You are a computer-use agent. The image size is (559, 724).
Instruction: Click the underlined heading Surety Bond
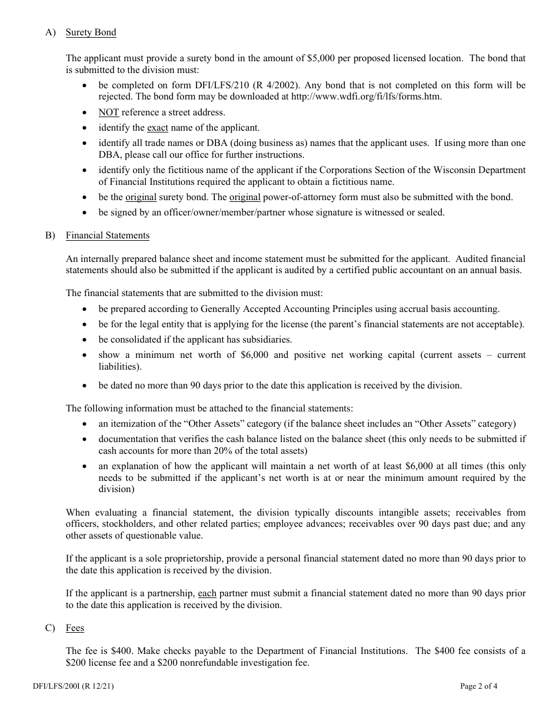[91, 32]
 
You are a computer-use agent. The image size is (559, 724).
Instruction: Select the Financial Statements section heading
[107, 235]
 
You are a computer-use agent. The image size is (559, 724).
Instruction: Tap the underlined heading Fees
[75, 628]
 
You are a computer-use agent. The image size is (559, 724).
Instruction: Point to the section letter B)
[50, 235]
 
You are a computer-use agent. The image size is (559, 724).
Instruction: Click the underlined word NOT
[109, 112]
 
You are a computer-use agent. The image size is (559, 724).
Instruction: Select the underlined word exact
[157, 127]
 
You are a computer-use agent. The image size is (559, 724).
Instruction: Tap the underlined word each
[207, 593]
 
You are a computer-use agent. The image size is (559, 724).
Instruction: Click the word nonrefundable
[221, 662]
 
